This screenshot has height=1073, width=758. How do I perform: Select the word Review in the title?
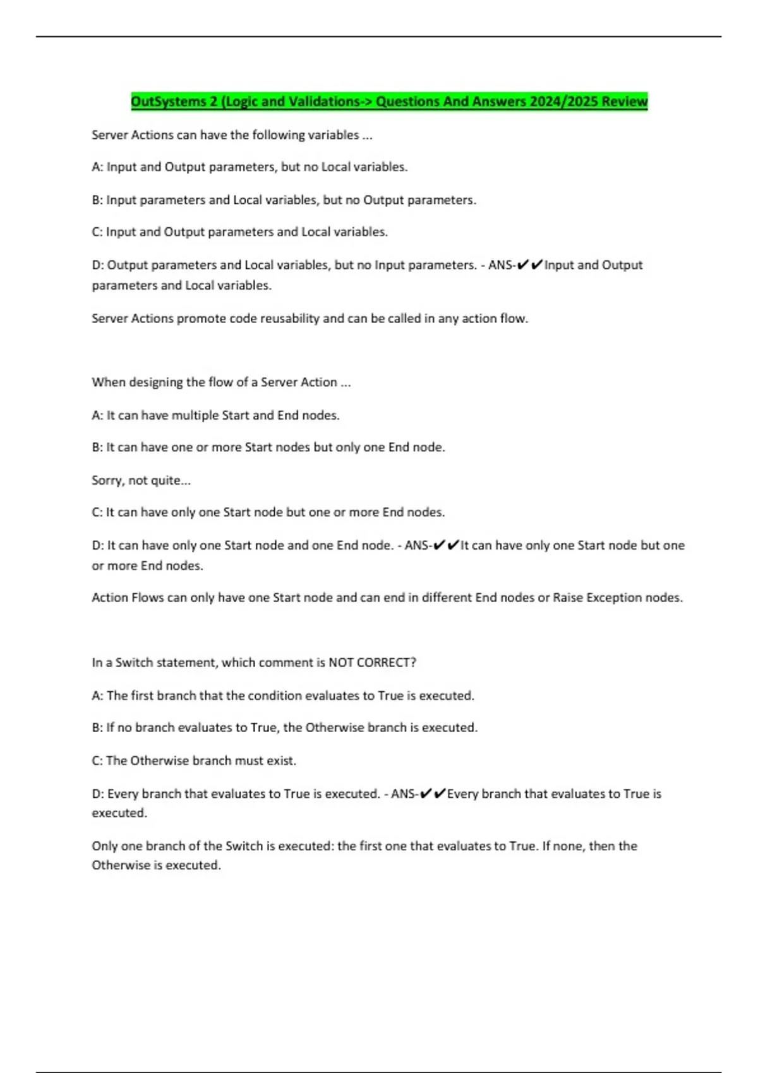pyautogui.click(x=624, y=102)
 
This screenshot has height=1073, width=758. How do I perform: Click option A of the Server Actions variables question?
pyautogui.click(x=250, y=167)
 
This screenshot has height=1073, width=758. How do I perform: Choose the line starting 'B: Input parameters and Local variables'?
pyautogui.click(x=284, y=200)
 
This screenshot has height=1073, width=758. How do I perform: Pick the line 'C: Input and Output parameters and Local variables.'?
pyautogui.click(x=239, y=232)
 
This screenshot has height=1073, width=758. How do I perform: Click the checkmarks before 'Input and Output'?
pyautogui.click(x=529, y=265)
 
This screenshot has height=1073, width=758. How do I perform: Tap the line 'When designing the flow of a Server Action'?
pyautogui.click(x=220, y=382)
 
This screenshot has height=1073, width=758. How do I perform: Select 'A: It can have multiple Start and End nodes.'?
pyautogui.click(x=215, y=415)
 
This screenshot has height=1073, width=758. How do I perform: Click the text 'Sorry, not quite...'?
pyautogui.click(x=141, y=480)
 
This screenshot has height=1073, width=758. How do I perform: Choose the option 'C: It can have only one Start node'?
pyautogui.click(x=268, y=513)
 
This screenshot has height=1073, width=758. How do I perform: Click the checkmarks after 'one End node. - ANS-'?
pyautogui.click(x=445, y=545)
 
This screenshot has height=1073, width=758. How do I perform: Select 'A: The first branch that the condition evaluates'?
pyautogui.click(x=282, y=696)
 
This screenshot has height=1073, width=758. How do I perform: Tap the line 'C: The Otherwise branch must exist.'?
pyautogui.click(x=194, y=761)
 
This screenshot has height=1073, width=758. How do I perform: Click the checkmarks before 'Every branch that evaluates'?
pyautogui.click(x=432, y=793)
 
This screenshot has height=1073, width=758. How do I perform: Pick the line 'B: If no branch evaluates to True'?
pyautogui.click(x=284, y=728)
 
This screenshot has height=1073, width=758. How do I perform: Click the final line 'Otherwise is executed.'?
pyautogui.click(x=156, y=865)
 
